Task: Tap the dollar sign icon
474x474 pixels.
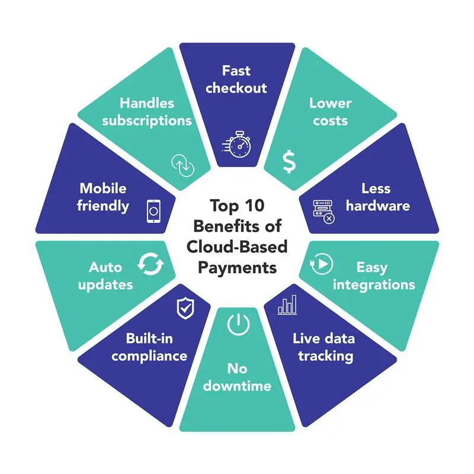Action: click(287, 161)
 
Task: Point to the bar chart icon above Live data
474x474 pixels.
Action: click(288, 305)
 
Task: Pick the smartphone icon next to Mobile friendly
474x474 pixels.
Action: click(153, 212)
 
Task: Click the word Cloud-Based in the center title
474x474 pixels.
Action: click(237, 246)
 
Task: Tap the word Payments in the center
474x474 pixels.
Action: click(237, 267)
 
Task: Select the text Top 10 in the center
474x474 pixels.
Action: click(237, 206)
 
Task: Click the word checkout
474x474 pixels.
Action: click(236, 88)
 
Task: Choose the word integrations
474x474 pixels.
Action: click(374, 284)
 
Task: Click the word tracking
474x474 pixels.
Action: click(325, 356)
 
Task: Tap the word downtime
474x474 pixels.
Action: click(237, 386)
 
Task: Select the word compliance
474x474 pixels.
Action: click(149, 356)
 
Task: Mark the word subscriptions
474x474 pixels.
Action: click(147, 120)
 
